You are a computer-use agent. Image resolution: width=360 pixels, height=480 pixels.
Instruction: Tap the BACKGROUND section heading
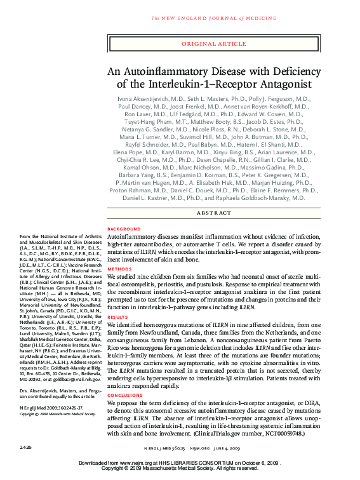pos(124,229)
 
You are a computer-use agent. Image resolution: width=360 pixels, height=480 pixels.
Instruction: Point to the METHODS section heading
pos(120,269)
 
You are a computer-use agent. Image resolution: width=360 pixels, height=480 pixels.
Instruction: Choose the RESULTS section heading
pos(119,316)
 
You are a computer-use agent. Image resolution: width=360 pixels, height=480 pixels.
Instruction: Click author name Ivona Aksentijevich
pos(143,100)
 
